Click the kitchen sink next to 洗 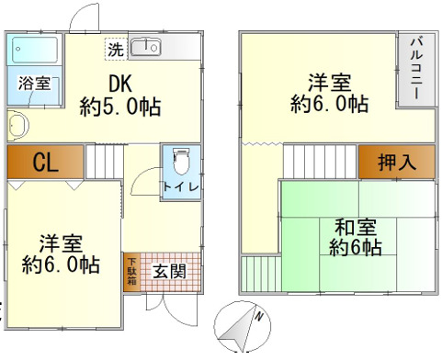coord(145,47)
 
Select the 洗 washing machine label coord(117,47)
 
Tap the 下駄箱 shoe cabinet coord(130,271)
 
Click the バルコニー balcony coord(414,70)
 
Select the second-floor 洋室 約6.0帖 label coord(330,91)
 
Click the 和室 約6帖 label coord(356,236)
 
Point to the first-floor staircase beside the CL coord(104,162)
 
